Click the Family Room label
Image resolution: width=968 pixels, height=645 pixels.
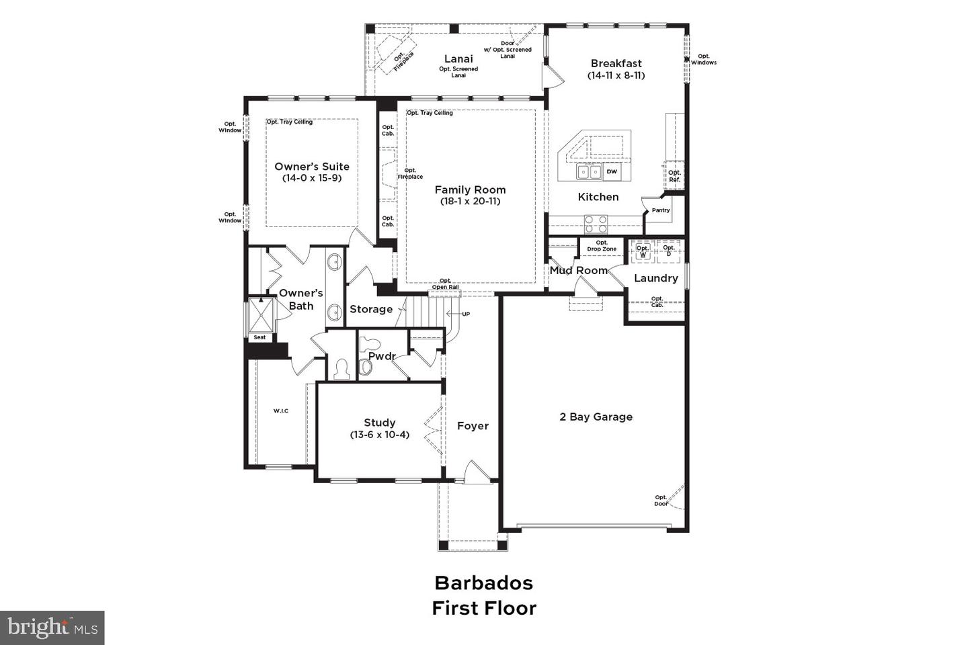(470, 190)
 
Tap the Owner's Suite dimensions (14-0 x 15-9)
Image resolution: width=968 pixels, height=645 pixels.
(312, 178)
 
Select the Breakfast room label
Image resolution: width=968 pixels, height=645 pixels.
(616, 64)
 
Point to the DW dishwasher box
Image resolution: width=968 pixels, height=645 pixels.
(612, 172)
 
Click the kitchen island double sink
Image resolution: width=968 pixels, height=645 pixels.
(589, 173)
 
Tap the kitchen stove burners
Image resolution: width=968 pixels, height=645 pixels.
(596, 223)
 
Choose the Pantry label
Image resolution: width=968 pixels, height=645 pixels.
(661, 210)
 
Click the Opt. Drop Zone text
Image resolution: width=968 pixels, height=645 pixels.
(602, 246)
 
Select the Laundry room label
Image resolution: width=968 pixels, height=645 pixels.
(655, 278)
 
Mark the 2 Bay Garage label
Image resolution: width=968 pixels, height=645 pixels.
(596, 417)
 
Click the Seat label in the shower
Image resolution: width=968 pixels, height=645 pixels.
(259, 337)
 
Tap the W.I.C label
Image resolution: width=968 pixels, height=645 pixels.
(280, 411)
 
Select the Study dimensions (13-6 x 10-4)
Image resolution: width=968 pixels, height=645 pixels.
(379, 435)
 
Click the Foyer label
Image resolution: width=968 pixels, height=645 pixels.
(473, 426)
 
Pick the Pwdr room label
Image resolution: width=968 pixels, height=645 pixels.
(381, 356)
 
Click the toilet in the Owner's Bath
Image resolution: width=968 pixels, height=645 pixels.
(341, 369)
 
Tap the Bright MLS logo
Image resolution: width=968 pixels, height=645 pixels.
(52, 628)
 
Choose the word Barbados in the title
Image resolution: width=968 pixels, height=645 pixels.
(483, 583)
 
